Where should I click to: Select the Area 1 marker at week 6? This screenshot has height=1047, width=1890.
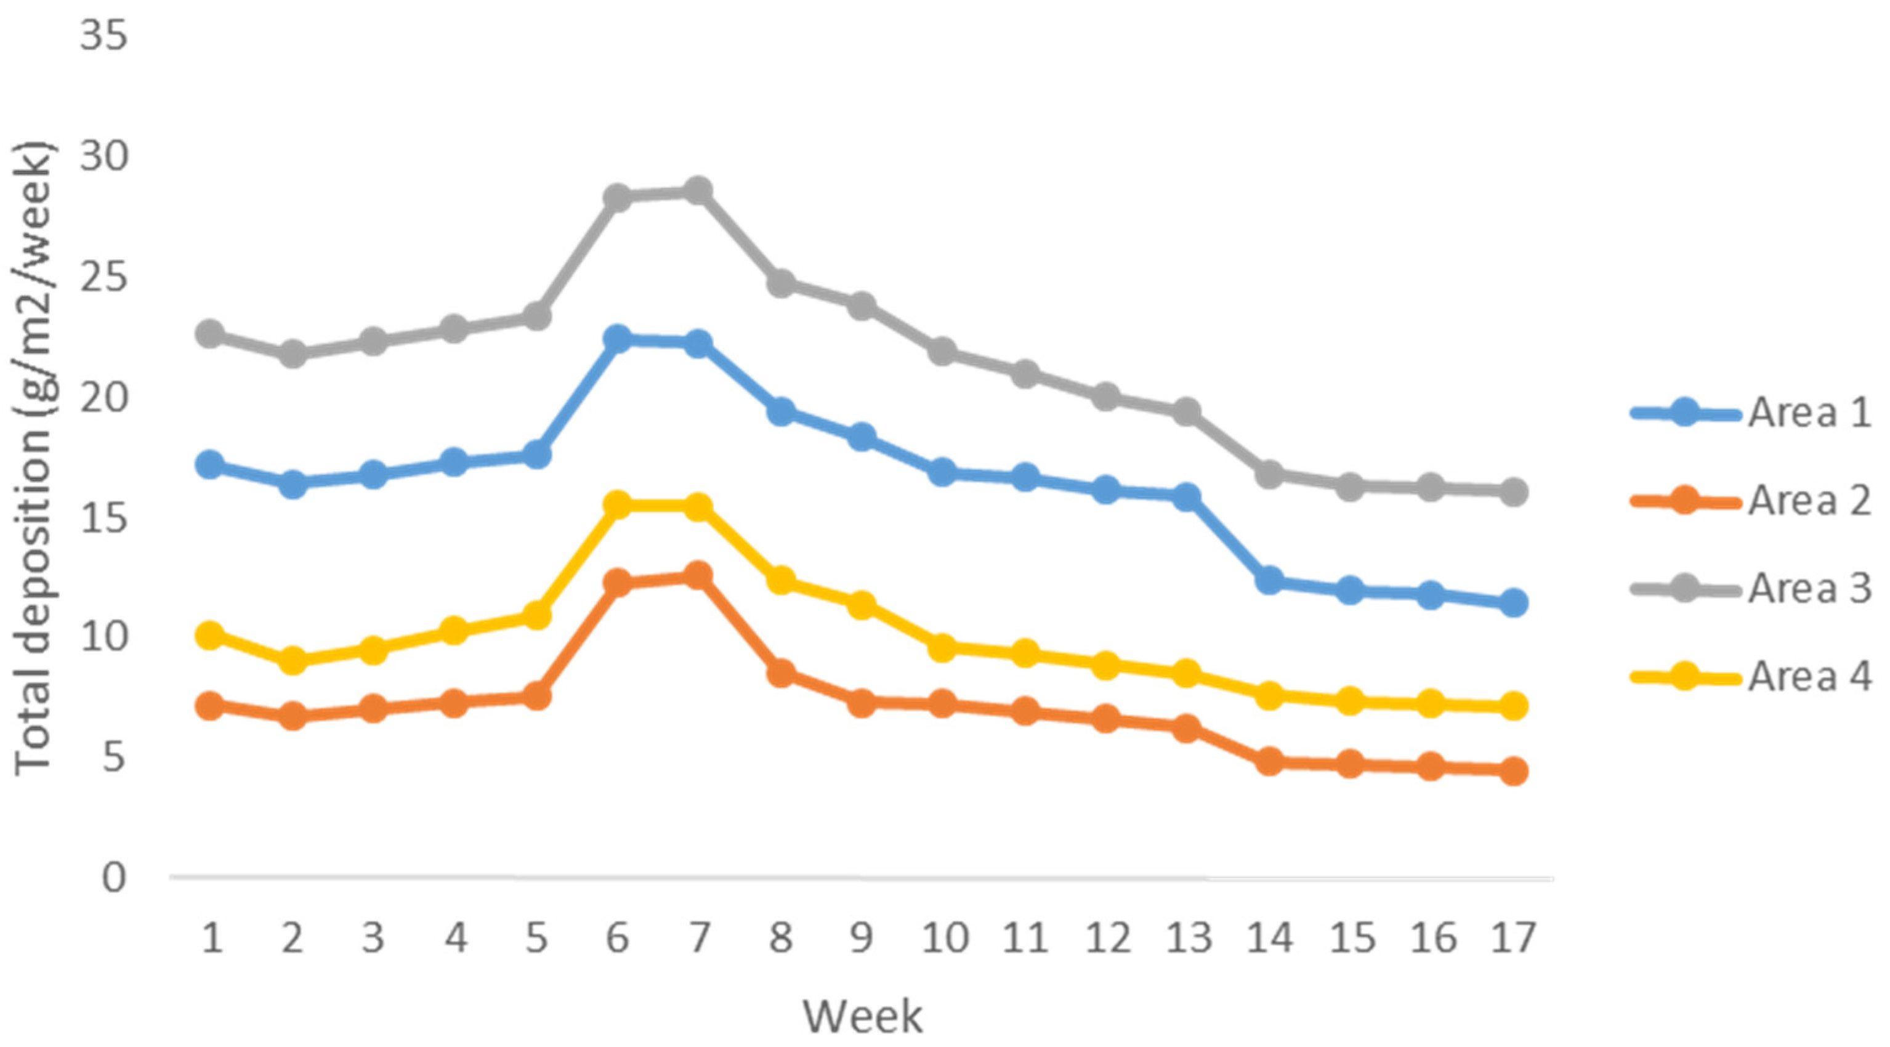click(x=617, y=338)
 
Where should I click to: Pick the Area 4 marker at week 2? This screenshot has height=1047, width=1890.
click(x=293, y=660)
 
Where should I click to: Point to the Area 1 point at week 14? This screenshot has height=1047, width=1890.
click(x=1269, y=580)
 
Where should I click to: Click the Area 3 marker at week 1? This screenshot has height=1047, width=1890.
click(x=211, y=334)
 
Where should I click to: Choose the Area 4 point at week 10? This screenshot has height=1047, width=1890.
click(x=943, y=647)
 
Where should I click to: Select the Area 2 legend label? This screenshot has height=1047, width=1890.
click(x=1809, y=501)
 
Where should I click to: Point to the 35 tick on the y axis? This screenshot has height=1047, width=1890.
click(x=103, y=35)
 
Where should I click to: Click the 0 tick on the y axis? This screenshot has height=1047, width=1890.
click(x=114, y=877)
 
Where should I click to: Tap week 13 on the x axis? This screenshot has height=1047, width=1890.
click(x=1189, y=937)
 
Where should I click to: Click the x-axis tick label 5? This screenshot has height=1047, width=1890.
click(x=536, y=937)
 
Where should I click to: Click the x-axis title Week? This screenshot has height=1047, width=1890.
click(x=862, y=1017)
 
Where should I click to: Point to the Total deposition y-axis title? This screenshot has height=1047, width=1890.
click(x=33, y=459)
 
